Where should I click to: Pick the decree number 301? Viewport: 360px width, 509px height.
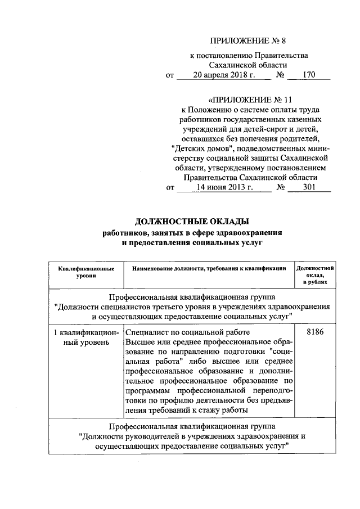(x=308, y=188)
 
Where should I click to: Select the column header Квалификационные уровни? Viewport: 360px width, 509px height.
(x=86, y=272)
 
